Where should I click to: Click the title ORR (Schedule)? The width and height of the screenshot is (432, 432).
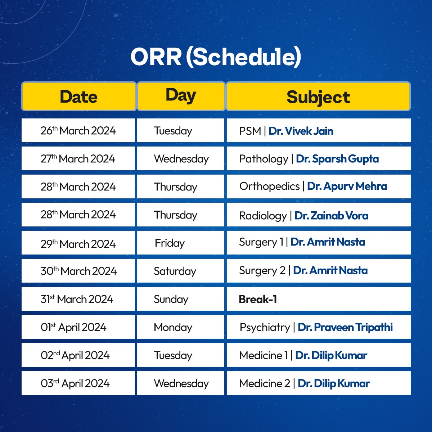[216, 57]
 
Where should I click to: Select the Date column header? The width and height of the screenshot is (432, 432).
[79, 96]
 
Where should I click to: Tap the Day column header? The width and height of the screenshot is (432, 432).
[181, 96]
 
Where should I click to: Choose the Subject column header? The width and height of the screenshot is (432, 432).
[318, 96]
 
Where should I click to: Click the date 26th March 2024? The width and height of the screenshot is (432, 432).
[78, 130]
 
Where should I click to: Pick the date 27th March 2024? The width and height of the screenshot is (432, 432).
[77, 158]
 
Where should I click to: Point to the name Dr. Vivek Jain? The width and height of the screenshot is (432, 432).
[301, 131]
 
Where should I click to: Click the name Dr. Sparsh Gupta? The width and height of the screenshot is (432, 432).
[337, 159]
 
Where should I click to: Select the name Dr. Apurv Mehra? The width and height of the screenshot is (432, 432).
[347, 186]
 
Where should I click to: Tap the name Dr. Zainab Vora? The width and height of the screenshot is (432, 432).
[331, 215]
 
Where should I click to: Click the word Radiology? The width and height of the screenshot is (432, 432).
[263, 216]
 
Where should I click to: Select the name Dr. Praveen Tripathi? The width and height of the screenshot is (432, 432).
[345, 327]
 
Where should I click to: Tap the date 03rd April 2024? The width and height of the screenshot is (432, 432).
[75, 383]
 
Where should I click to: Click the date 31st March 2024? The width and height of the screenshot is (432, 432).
[77, 299]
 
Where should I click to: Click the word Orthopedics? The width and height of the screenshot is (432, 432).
[270, 186]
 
